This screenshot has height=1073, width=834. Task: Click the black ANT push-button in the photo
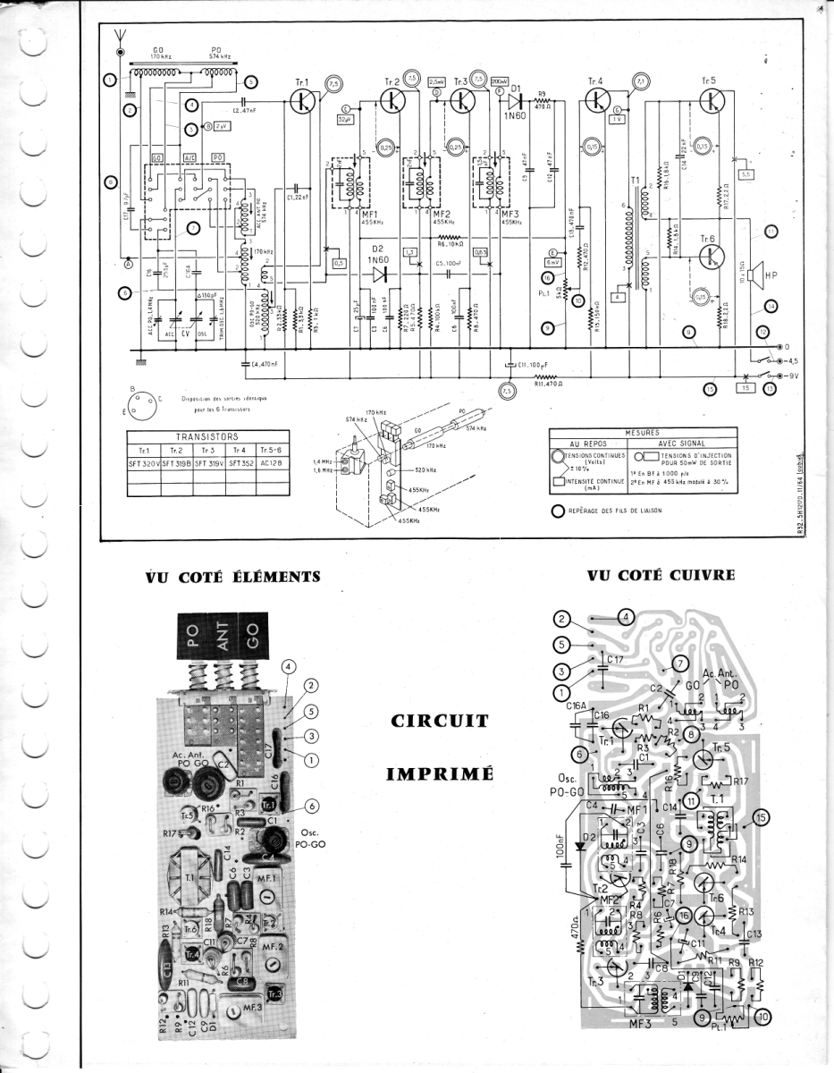(x=223, y=637)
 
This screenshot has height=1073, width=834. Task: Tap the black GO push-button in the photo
(x=253, y=637)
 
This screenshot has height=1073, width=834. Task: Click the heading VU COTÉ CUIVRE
(x=661, y=575)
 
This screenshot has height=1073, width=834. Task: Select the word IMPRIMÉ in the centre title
(x=439, y=774)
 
